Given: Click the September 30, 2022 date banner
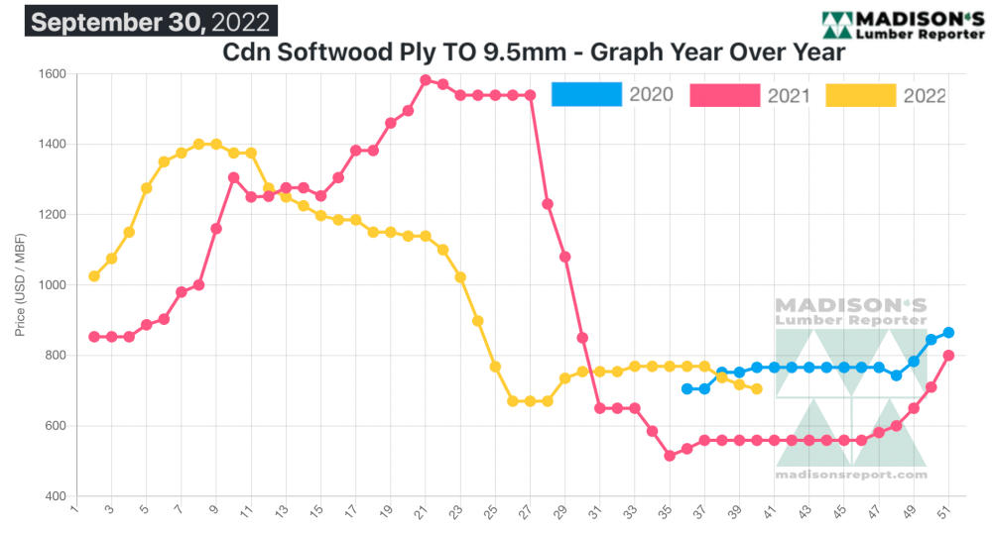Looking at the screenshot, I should (x=150, y=21).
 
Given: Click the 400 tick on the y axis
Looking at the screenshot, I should (x=56, y=496).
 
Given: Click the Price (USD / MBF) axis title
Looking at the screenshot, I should (x=21, y=285).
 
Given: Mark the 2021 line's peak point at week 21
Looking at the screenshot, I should (x=426, y=80).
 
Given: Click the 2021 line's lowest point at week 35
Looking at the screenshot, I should (x=670, y=456).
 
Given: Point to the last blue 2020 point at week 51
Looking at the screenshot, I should (x=948, y=333).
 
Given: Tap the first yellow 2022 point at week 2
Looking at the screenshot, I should (x=94, y=276).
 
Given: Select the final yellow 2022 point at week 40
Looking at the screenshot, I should (x=757, y=389).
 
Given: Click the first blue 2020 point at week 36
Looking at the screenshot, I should (x=686, y=389).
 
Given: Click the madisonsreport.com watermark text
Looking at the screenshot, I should (x=851, y=475).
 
